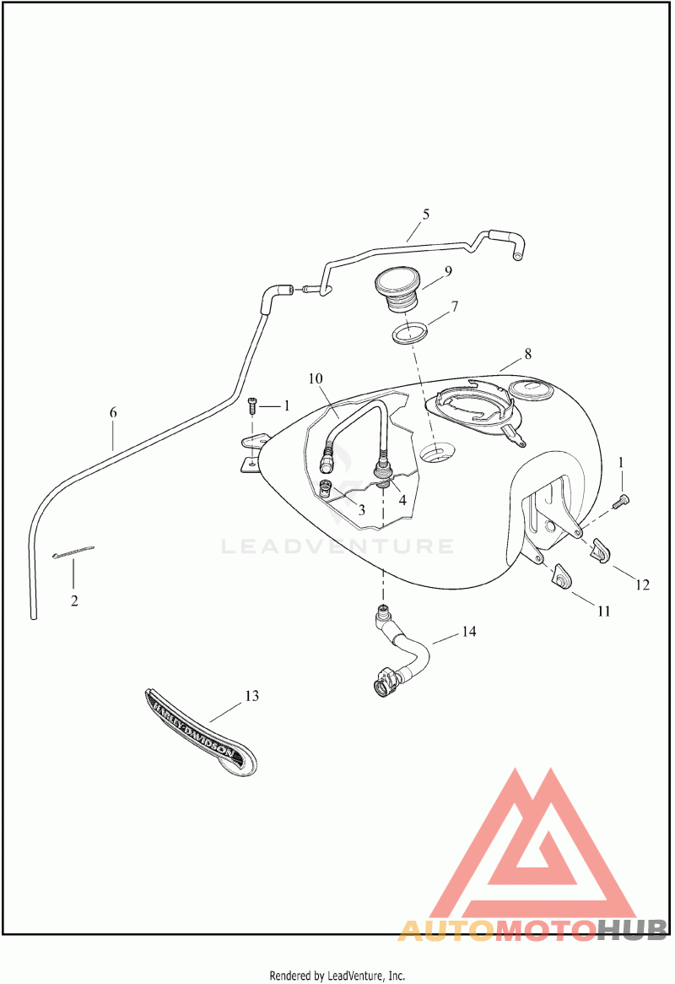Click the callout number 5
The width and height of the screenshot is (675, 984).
(426, 215)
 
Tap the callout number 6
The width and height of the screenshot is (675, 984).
(113, 413)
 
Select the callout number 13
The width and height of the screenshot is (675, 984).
(251, 696)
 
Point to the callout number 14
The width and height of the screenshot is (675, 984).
(469, 632)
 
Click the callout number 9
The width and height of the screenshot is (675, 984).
(448, 271)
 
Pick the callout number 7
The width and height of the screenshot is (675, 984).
(454, 306)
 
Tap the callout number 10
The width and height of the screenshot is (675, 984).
(316, 379)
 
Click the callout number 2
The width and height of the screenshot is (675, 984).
(74, 601)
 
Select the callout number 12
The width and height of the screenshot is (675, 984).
(643, 584)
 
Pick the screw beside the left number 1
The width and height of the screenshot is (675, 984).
(251, 405)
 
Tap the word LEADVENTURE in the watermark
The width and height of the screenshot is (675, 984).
(337, 546)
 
